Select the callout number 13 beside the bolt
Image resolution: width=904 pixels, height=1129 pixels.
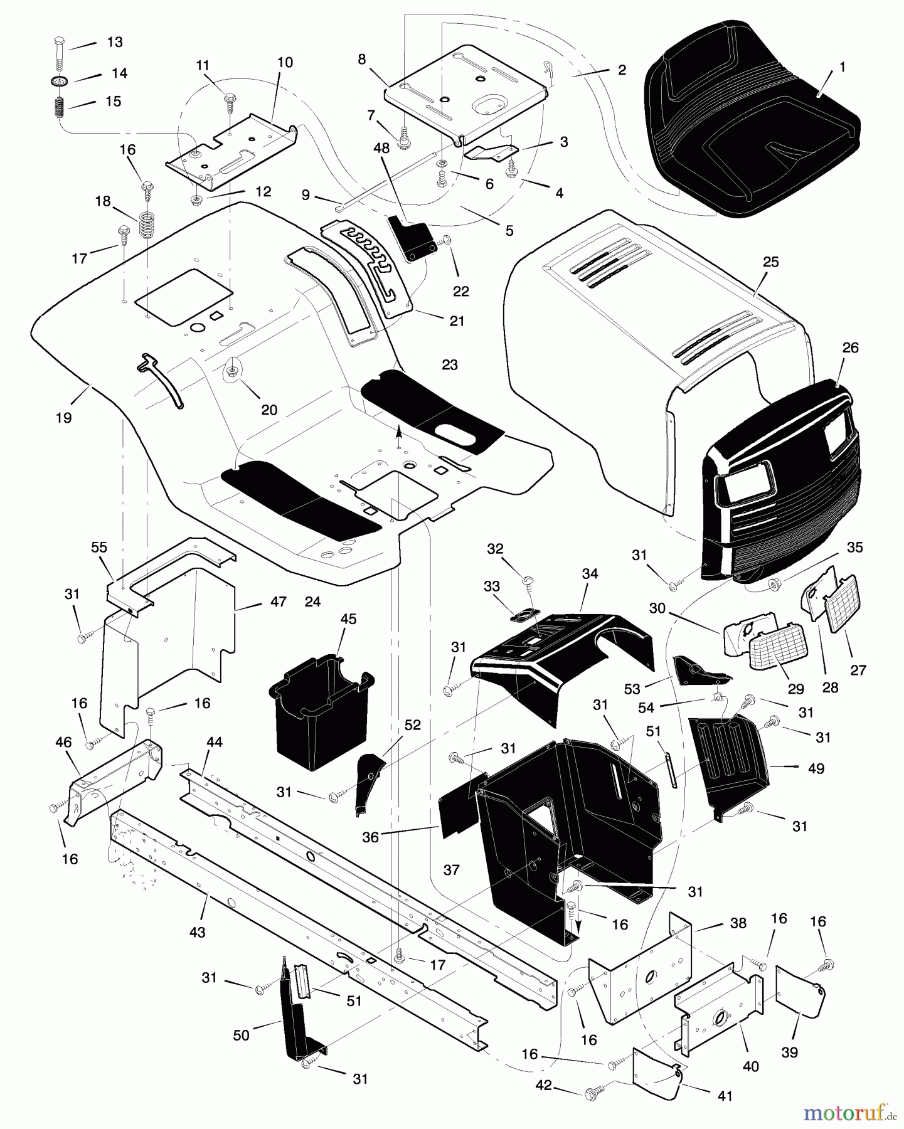pos(115,42)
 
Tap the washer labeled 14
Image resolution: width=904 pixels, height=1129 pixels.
pos(60,82)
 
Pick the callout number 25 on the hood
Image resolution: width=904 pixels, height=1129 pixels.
pos(770,262)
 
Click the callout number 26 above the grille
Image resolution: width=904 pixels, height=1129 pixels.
pos(850,347)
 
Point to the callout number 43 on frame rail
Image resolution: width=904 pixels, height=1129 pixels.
pos(197,933)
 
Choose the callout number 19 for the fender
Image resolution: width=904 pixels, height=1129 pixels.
pos(64,418)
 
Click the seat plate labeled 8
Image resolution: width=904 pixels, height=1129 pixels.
pos(464,94)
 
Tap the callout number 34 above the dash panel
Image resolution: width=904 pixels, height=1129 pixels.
pos(590,573)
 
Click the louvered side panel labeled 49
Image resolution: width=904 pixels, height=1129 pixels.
pos(728,762)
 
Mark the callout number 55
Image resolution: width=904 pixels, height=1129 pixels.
pos(99,547)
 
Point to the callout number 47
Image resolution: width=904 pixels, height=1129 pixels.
pos(278,602)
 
